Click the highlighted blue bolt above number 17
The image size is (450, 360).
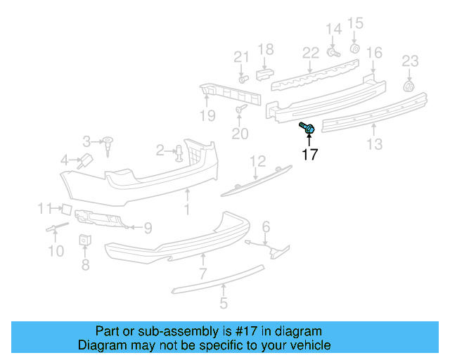(x=307, y=129)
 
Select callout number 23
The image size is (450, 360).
(x=410, y=61)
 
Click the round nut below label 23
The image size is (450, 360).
(x=409, y=86)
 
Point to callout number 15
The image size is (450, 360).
(x=355, y=23)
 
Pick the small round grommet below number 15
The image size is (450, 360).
(x=355, y=48)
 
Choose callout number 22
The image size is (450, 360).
(x=311, y=52)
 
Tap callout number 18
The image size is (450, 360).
(x=265, y=49)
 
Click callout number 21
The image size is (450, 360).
(x=241, y=57)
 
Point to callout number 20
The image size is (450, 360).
(x=240, y=133)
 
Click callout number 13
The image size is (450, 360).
(x=375, y=144)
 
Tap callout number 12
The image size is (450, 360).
(x=257, y=161)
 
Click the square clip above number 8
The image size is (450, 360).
(x=84, y=240)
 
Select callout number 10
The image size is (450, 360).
(x=56, y=250)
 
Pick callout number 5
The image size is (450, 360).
(x=224, y=304)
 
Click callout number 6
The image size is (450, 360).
(x=266, y=226)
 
